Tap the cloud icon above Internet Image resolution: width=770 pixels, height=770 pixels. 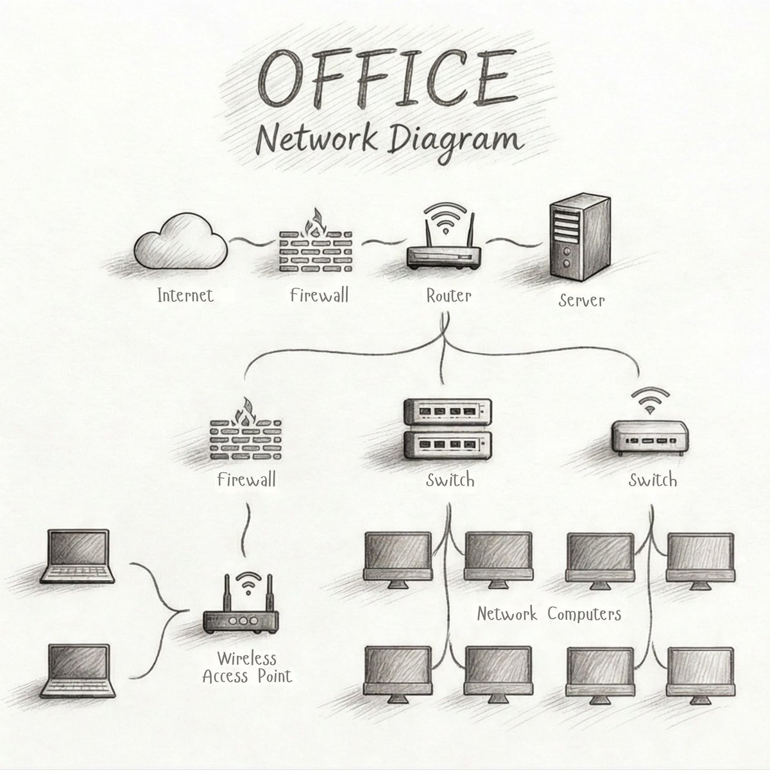tap(180, 244)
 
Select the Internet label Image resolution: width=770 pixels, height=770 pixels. tap(185, 295)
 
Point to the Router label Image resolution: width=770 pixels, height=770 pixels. tap(449, 295)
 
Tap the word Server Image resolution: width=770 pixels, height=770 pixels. tap(581, 300)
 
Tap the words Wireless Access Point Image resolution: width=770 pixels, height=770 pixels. tap(247, 667)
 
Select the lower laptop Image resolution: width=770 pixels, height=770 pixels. tap(78, 671)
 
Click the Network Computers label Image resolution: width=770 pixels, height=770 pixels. tap(549, 614)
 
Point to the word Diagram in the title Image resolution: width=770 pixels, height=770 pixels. tap(451, 141)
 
